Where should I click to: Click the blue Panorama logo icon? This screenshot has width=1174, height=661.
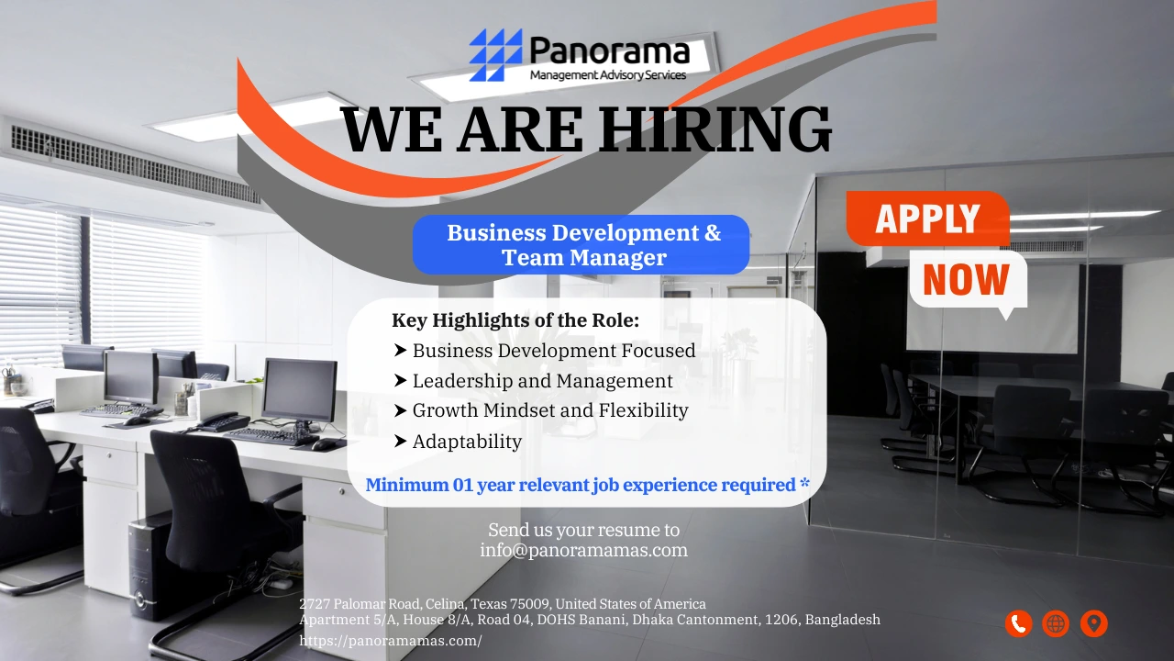click(x=495, y=54)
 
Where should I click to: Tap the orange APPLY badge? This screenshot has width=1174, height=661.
click(x=926, y=218)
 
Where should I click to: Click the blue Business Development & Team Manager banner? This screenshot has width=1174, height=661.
click(x=581, y=245)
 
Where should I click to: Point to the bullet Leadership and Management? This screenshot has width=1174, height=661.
click(x=542, y=381)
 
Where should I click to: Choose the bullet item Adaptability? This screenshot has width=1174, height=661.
click(x=467, y=442)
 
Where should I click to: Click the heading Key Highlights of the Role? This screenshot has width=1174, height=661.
click(x=515, y=320)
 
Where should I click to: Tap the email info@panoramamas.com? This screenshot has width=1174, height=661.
click(x=583, y=551)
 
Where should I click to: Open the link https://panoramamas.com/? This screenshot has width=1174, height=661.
click(x=391, y=641)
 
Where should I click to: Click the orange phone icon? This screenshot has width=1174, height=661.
click(x=1018, y=624)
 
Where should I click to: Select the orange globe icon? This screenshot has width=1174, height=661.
click(x=1056, y=624)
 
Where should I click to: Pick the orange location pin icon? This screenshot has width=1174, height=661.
click(x=1093, y=624)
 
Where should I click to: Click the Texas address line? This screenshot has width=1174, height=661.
click(x=503, y=604)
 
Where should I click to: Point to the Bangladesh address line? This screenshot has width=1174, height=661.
click(x=590, y=620)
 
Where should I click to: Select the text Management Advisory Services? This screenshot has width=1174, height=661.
click(x=607, y=75)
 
